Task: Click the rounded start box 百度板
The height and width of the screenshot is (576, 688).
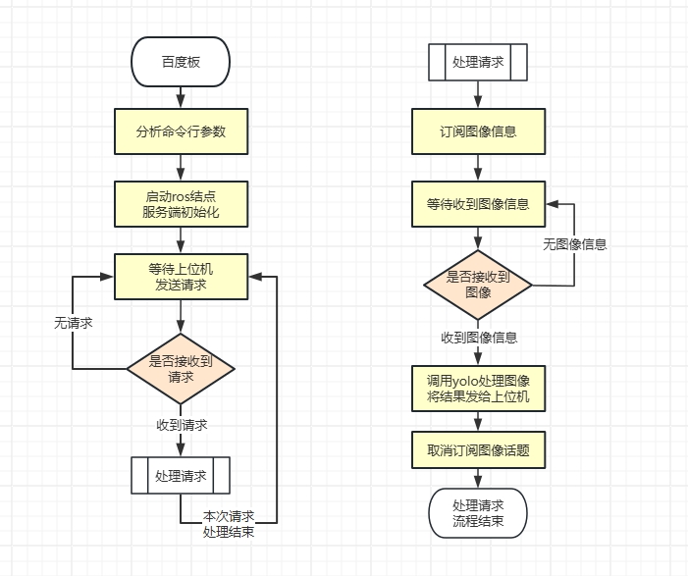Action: [x=181, y=63]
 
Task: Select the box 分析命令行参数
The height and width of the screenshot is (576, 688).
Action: [x=181, y=131]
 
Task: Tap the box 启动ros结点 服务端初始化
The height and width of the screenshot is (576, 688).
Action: [x=181, y=204]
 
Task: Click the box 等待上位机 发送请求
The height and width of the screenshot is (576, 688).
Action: [x=181, y=277]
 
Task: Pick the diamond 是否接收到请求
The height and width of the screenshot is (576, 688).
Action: [x=181, y=368]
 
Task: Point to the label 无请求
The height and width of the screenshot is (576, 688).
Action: [x=74, y=322]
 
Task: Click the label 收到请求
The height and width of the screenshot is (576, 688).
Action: [x=182, y=425]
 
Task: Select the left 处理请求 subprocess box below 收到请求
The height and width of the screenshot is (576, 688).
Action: [x=181, y=476]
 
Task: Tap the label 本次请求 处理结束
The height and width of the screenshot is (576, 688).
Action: [x=229, y=524]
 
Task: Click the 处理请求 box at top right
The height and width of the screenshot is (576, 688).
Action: [x=478, y=63]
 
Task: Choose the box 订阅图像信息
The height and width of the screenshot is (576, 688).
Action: [x=478, y=131]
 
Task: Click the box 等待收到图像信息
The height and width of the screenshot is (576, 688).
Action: [x=478, y=204]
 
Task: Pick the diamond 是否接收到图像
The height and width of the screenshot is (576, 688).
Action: [x=478, y=285]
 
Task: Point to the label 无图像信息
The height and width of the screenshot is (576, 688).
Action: [x=575, y=244]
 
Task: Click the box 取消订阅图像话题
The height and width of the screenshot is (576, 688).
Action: [x=478, y=450]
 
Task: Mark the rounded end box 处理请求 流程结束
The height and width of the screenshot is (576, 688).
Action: [x=478, y=512]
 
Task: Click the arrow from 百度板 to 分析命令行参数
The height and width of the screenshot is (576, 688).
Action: [x=181, y=96]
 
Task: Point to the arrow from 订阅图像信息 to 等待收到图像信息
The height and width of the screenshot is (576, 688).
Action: [x=478, y=168]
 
